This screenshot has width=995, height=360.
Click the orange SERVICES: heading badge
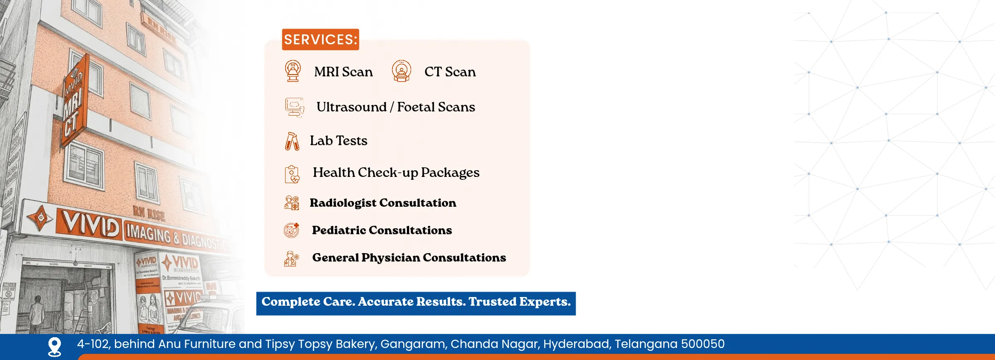pyautogui.click(x=320, y=39)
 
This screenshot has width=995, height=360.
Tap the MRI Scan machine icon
pyautogui.click(x=293, y=71)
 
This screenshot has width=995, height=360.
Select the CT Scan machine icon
pyautogui.click(x=401, y=71)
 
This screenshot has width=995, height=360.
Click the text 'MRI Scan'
pyautogui.click(x=343, y=72)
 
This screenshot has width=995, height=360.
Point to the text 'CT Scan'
pyautogui.click(x=450, y=72)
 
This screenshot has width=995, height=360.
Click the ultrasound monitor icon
pyautogui.click(x=294, y=107)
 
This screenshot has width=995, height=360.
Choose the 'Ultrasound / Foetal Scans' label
pyautogui.click(x=395, y=107)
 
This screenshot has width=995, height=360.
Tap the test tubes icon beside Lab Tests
pyautogui.click(x=292, y=141)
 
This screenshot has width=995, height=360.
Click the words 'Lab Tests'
pyautogui.click(x=338, y=141)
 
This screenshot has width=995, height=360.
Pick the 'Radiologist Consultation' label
pyautogui.click(x=383, y=203)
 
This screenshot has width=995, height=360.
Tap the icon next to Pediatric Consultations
pyautogui.click(x=291, y=230)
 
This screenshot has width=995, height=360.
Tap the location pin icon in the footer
pyautogui.click(x=55, y=346)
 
